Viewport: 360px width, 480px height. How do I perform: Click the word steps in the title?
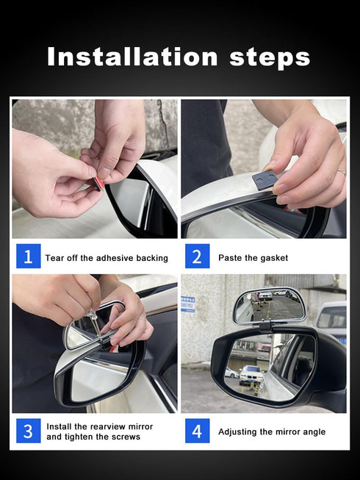(270, 58)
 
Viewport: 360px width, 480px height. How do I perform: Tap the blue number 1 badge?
(28, 257)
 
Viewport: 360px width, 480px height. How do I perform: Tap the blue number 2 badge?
(197, 257)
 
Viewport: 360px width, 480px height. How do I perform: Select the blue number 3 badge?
(28, 431)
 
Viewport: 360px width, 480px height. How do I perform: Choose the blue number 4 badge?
(197, 431)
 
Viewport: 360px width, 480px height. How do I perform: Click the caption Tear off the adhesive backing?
(107, 258)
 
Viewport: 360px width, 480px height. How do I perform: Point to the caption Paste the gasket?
(253, 258)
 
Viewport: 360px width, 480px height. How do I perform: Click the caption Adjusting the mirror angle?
(271, 431)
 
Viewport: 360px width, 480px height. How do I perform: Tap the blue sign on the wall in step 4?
(188, 304)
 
